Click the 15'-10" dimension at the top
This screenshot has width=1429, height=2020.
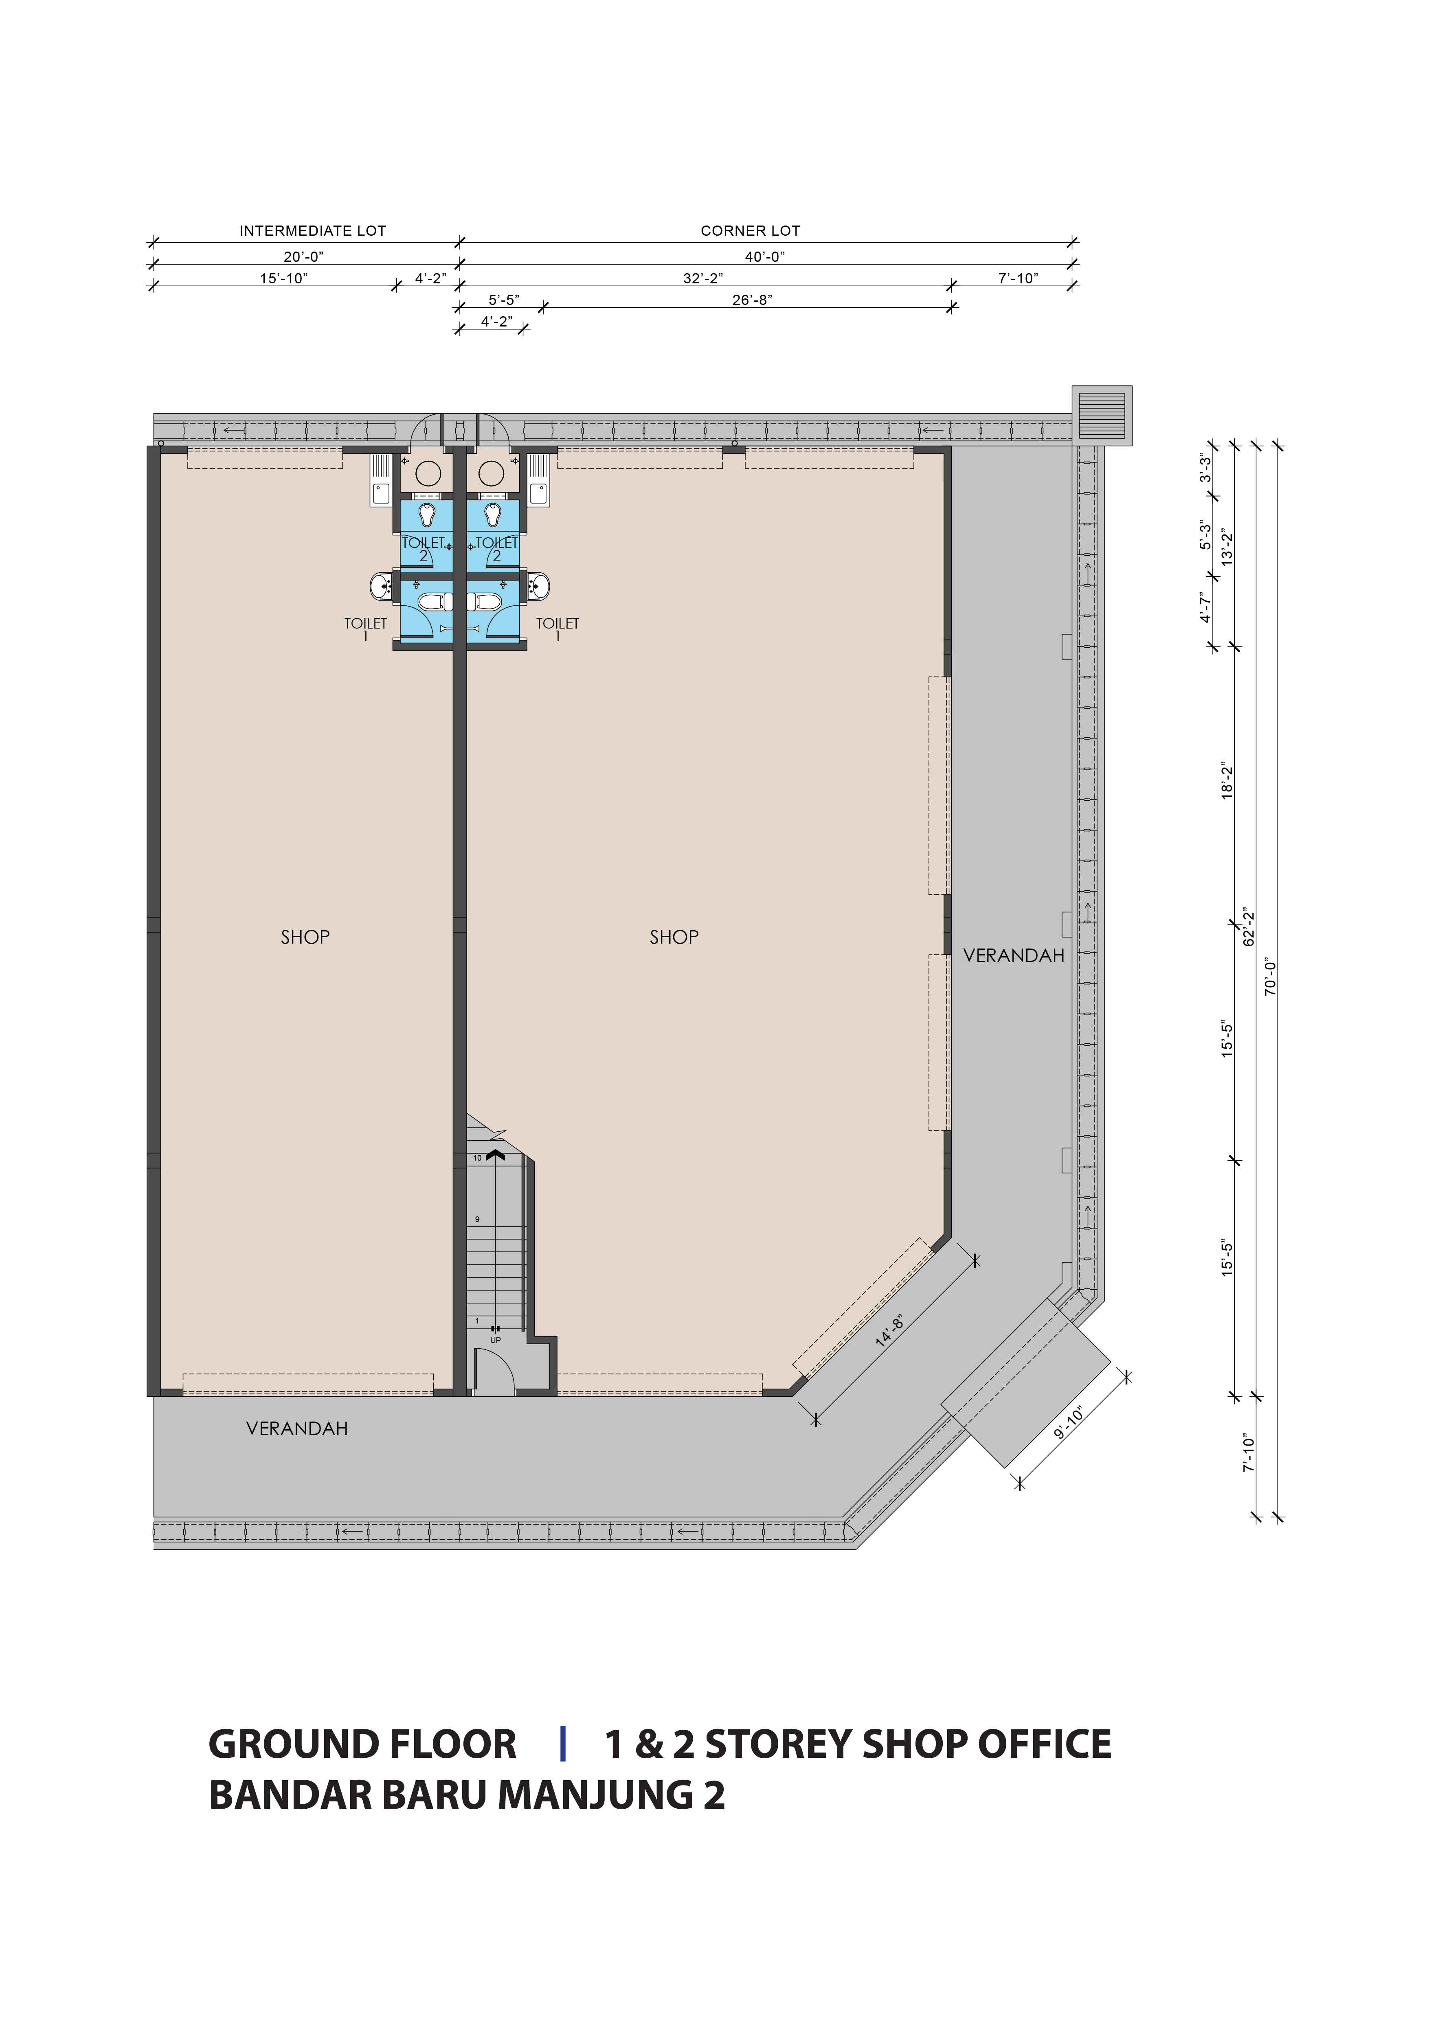coord(283,278)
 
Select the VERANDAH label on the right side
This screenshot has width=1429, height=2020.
coord(1014,955)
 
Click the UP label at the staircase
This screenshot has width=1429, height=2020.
coord(495,1340)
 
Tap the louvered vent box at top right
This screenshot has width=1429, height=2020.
coord(1102,415)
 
